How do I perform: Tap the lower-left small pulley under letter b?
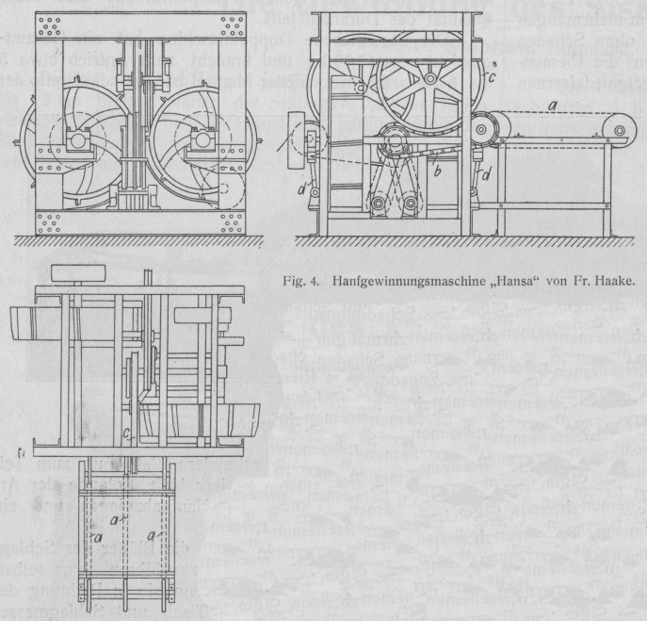pos(375,203)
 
